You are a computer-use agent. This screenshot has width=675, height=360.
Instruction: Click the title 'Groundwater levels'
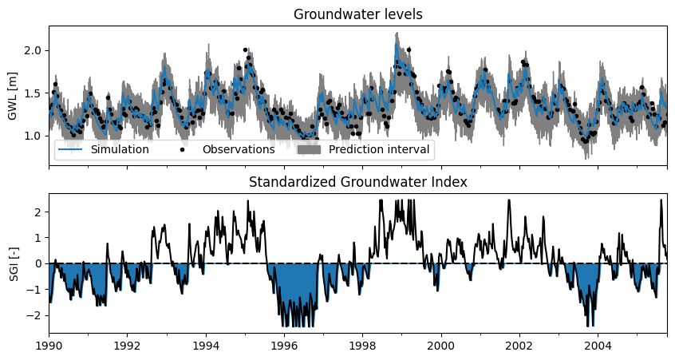pos(357,14)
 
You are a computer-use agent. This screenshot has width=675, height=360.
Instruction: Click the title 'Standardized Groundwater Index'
pos(357,182)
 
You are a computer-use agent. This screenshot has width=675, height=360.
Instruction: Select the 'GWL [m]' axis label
pos(12,96)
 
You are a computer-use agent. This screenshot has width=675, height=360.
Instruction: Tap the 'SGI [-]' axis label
pos(14,263)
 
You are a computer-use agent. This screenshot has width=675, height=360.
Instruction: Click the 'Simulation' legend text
pos(120,149)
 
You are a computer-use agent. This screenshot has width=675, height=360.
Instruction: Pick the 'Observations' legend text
pos(239,149)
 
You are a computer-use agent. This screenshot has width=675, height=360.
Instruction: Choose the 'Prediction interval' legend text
pos(379,149)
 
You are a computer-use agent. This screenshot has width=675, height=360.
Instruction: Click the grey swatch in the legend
pos(309,149)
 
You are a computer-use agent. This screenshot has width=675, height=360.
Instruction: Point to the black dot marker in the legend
pos(183,150)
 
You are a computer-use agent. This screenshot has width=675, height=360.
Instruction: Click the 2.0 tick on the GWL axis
pos(34,51)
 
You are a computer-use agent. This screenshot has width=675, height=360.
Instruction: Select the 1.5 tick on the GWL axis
pos(34,93)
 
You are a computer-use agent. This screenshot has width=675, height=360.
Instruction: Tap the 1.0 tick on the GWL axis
pos(34,136)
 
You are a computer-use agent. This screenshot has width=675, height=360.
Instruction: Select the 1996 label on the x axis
pos(284,346)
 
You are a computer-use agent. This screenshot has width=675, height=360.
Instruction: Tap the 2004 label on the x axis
pos(598,346)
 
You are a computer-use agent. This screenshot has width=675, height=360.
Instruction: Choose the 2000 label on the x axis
pos(440,346)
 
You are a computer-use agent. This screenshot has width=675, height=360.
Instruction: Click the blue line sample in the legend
pos(69,150)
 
